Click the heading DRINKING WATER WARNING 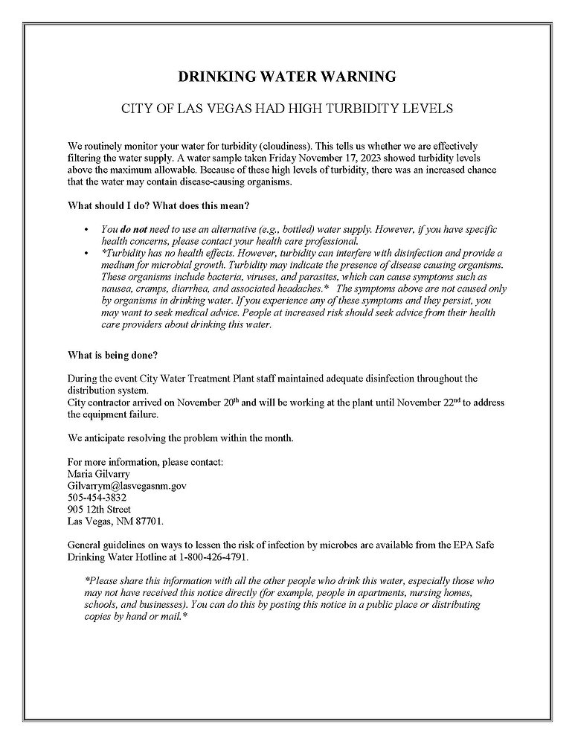click(287, 77)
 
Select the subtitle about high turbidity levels click(287, 109)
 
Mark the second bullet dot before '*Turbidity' click(87, 254)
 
